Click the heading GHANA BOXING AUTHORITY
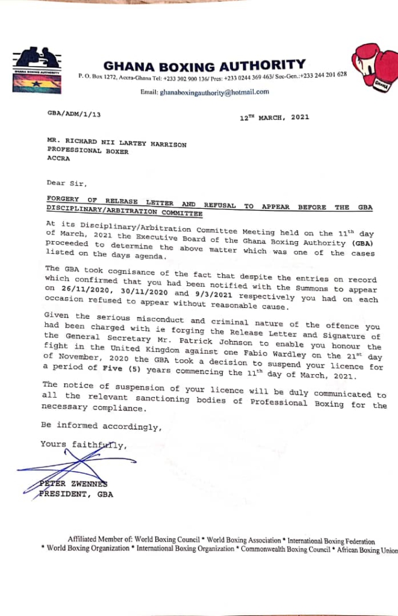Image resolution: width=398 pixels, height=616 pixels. [x=204, y=64]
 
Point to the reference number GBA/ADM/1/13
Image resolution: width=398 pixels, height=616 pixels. [x=74, y=113]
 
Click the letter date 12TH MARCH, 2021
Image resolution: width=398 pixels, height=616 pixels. [x=274, y=117]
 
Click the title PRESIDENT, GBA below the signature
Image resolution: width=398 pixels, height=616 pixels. [x=76, y=494]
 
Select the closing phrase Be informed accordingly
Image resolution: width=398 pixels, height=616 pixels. [x=101, y=427]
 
